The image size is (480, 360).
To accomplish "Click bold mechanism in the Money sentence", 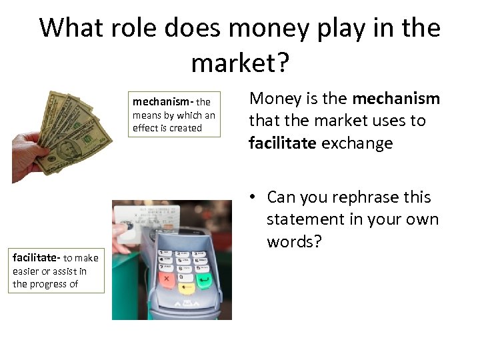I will pyautogui.click(x=396, y=99).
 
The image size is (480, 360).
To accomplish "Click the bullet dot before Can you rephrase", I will pyautogui.click(x=255, y=198).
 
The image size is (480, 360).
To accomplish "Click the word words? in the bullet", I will pyautogui.click(x=294, y=241).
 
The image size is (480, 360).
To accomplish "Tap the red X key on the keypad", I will pyautogui.click(x=166, y=279).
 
